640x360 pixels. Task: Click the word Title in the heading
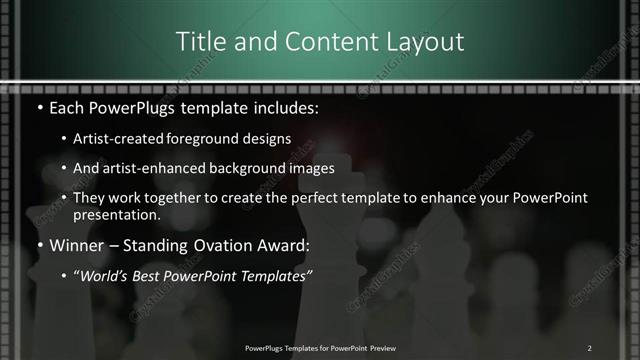pyautogui.click(x=198, y=41)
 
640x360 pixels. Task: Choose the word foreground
pyautogui.click(x=206, y=139)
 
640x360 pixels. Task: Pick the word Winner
pyautogui.click(x=72, y=245)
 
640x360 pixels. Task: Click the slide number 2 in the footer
pyautogui.click(x=589, y=348)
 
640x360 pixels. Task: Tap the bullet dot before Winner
pyautogui.click(x=38, y=245)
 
